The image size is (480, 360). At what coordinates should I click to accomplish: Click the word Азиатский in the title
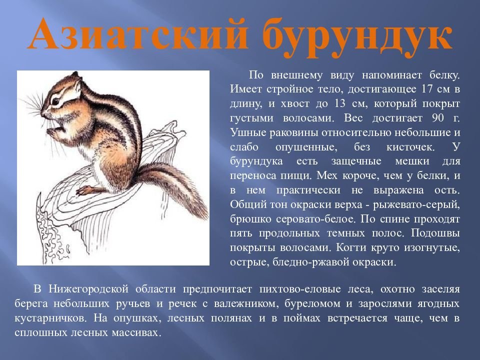pos(138,34)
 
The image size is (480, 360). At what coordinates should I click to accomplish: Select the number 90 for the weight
pos(438,118)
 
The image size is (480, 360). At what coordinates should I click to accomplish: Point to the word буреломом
pos(312,303)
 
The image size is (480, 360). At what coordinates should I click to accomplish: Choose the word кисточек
pos(410,147)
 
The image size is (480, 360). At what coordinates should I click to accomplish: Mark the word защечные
pos(356,161)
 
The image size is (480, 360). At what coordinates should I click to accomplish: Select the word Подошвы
pos(435,233)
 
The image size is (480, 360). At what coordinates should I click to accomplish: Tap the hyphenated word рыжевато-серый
pos(416,205)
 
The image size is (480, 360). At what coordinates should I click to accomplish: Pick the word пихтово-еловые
pos(300,289)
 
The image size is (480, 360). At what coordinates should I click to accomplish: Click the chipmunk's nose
pos(42,113)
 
